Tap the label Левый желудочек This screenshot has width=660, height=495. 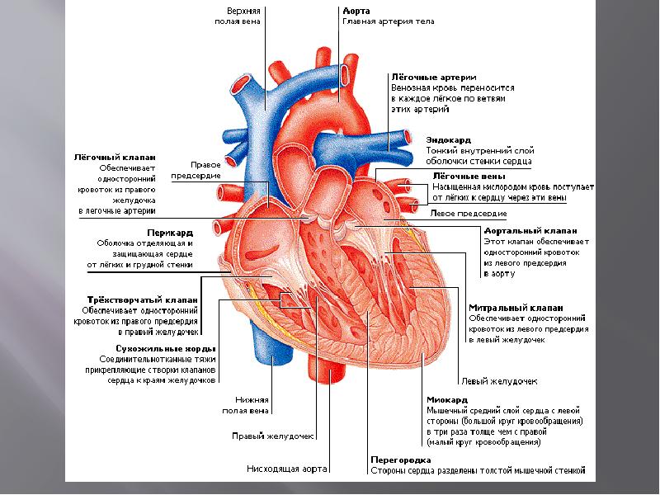pos(500,382)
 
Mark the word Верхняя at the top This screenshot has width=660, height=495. pos(243,11)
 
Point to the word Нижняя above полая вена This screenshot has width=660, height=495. pos(251,398)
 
